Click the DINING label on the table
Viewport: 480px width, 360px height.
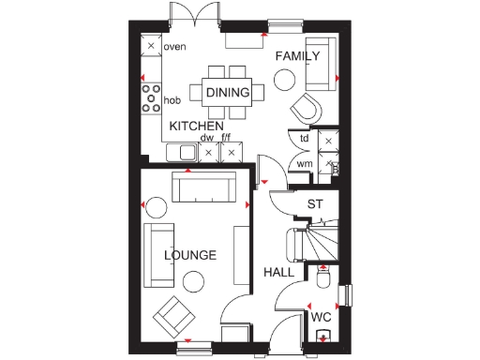pos(228,92)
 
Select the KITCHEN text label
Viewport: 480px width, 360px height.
pos(196,126)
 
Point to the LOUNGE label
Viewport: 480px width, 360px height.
pos(190,255)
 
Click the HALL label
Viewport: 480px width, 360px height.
pos(278,272)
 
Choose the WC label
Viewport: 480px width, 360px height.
pos(322,317)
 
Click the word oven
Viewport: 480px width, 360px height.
pos(173,46)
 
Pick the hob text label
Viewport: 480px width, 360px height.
pos(172,99)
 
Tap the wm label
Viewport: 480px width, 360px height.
pos(304,165)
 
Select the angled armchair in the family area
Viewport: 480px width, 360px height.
pos(307,108)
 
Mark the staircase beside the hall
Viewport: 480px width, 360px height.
pos(316,243)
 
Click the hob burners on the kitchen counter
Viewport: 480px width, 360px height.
pos(149,98)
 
